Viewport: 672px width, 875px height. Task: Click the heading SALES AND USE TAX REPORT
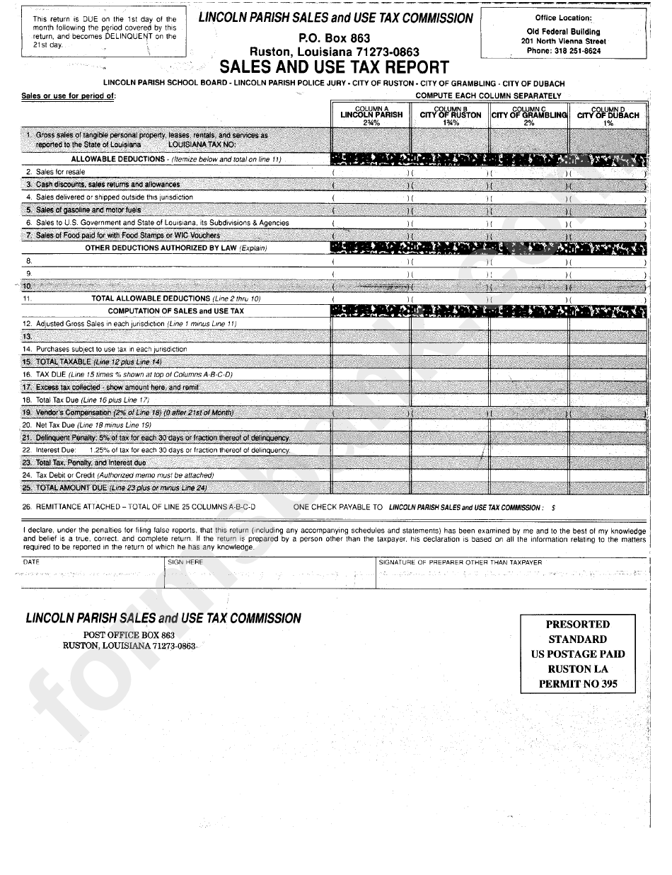[334, 67]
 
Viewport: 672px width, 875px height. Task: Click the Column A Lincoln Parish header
[371, 115]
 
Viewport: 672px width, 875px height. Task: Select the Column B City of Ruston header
[451, 115]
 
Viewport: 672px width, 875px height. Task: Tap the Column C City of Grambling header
[529, 115]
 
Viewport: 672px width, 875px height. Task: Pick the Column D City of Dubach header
[608, 115]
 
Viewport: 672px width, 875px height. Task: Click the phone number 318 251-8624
[563, 51]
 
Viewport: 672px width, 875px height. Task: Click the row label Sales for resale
[60, 172]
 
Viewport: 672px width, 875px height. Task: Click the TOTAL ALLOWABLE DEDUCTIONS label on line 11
[150, 299]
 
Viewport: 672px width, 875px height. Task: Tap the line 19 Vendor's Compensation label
[134, 412]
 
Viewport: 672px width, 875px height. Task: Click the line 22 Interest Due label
[57, 450]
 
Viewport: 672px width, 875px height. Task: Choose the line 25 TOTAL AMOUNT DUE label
[71, 488]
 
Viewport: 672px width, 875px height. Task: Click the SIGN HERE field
[270, 573]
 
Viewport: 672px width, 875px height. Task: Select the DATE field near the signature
[93, 573]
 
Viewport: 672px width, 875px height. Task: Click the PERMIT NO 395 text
[577, 683]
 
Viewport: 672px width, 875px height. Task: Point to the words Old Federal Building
[563, 31]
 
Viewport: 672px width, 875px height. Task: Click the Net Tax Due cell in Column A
[371, 425]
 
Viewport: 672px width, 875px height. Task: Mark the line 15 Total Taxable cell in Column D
[608, 361]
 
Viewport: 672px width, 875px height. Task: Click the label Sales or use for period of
[68, 96]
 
